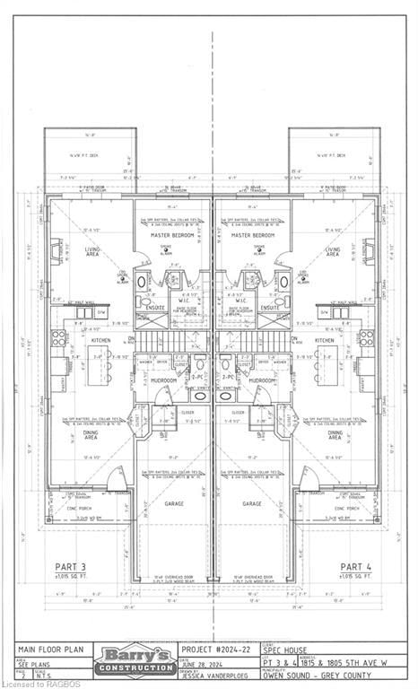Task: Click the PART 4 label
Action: pyautogui.click(x=356, y=566)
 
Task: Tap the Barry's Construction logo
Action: pyautogui.click(x=137, y=660)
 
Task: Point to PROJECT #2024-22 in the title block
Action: pyautogui.click(x=214, y=650)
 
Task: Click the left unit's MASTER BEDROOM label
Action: pyautogui.click(x=164, y=235)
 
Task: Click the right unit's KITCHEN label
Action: pyautogui.click(x=325, y=340)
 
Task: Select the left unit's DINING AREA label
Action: pyautogui.click(x=89, y=435)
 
